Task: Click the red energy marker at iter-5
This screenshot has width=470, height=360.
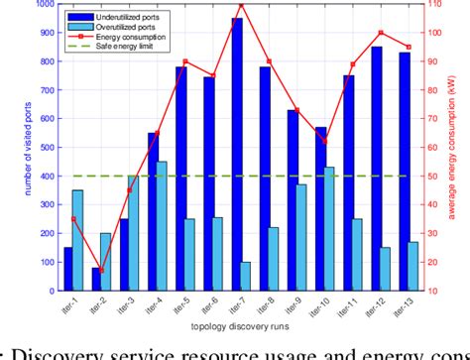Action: [x=185, y=89]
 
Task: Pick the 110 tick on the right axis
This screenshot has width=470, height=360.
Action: [x=434, y=4]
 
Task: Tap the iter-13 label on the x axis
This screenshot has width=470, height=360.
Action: [x=408, y=306]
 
